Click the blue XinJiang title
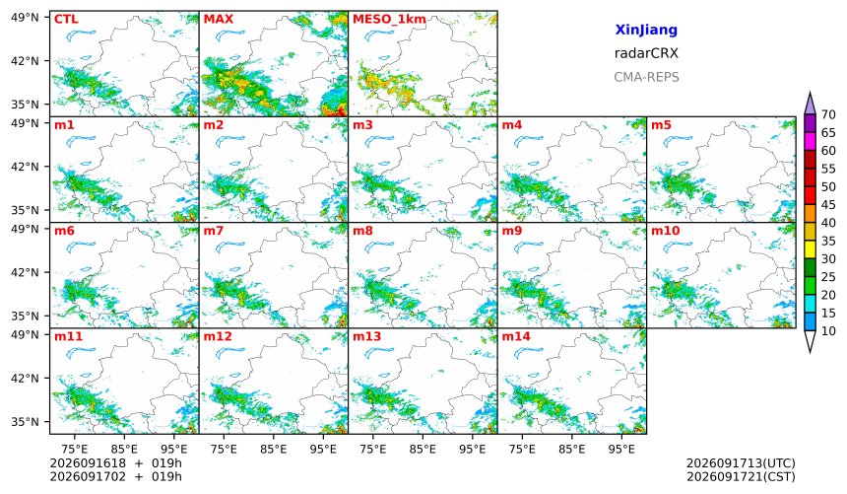tap(646, 30)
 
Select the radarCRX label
tap(646, 53)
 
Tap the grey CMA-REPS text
tap(646, 77)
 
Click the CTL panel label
tap(66, 20)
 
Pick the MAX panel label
tap(219, 20)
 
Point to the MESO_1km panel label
tap(389, 20)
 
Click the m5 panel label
tap(661, 125)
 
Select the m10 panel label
tap(665, 231)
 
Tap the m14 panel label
tap(516, 336)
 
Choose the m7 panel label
tap(214, 231)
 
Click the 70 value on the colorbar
tap(828, 114)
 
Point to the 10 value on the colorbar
tap(828, 331)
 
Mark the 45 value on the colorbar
tap(828, 205)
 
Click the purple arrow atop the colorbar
tap(810, 103)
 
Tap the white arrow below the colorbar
tap(810, 342)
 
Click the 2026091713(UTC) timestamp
tap(741, 463)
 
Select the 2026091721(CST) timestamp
tap(741, 477)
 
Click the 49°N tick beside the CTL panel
tap(25, 18)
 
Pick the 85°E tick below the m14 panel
tap(571, 450)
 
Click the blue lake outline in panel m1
tap(81, 141)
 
